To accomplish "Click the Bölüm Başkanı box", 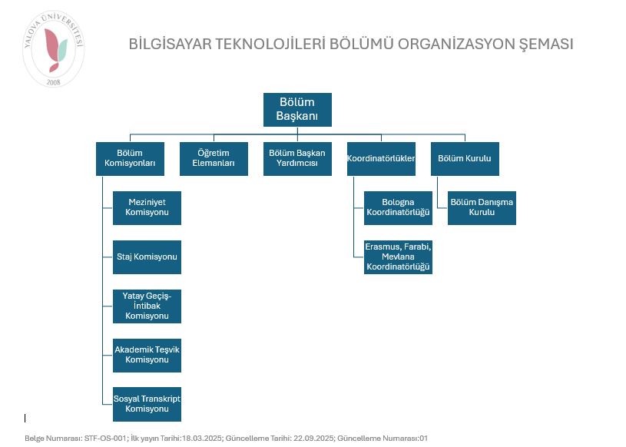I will point(296,110).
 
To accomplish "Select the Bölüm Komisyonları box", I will point(130,158).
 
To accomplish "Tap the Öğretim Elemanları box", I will point(214,158).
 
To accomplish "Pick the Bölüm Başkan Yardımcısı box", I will point(297,158).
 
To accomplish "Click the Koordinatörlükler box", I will point(381,158).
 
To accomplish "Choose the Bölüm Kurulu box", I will point(464,158).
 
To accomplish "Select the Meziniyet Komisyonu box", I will point(147,207).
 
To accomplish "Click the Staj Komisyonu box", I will point(147,257).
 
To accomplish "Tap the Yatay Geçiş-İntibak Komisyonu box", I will point(147,306).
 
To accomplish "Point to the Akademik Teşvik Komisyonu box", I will point(147,355).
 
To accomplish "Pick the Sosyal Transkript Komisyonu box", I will point(147,404).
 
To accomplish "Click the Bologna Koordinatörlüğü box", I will point(398,207).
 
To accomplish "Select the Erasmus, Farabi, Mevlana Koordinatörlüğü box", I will point(398,257).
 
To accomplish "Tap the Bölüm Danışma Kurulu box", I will point(482,207).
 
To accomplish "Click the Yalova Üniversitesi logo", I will point(53,49).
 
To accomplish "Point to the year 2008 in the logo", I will point(53,81).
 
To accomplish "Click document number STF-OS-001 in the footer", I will point(105,439).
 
